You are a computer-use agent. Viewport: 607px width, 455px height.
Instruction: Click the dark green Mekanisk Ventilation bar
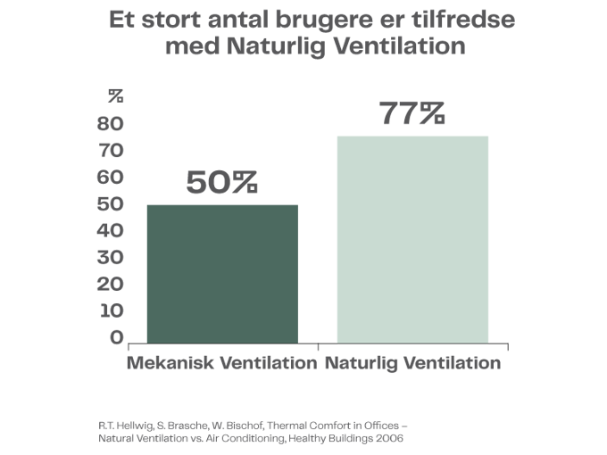tap(221, 273)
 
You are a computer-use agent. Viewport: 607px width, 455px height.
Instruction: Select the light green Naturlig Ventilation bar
tap(412, 238)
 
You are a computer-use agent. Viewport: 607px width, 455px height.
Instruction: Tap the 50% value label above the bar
tap(221, 184)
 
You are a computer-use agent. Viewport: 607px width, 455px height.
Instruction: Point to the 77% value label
tap(412, 115)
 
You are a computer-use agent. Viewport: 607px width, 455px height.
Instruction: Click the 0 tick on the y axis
tap(116, 337)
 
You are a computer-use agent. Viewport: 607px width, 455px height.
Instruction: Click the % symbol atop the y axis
tap(116, 95)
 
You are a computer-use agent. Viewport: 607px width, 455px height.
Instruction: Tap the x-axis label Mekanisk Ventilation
tap(221, 364)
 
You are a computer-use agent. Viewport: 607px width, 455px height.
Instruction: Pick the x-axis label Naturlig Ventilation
tap(412, 364)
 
